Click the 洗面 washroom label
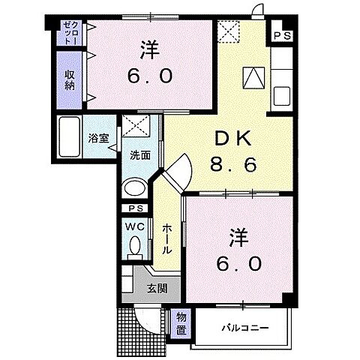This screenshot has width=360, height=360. tap(139, 156)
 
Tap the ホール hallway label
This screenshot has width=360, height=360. tap(166, 238)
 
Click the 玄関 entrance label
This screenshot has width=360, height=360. tap(155, 288)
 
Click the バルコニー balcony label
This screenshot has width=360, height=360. tap(244, 328)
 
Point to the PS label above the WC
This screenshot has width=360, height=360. tap(135, 208)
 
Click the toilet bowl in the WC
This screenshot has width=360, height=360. tap(135, 244)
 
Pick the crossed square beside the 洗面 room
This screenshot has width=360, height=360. tap(135, 125)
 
